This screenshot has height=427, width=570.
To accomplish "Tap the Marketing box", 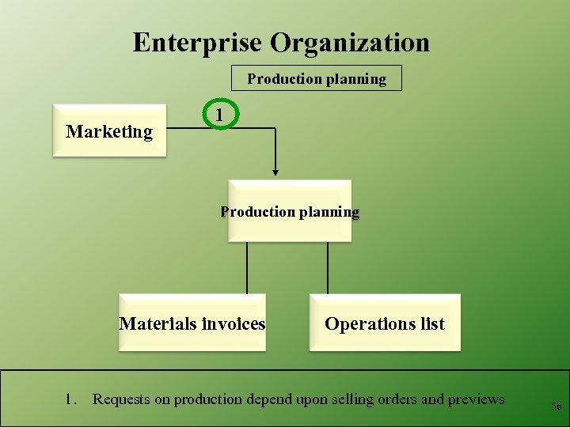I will [109, 131].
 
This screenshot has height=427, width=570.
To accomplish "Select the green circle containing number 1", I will [219, 115].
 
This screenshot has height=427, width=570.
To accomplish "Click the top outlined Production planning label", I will [317, 78].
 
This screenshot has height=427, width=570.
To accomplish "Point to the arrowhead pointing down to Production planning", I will [275, 171].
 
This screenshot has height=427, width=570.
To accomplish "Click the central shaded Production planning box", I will [289, 211].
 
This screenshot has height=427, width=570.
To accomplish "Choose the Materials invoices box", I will [192, 323].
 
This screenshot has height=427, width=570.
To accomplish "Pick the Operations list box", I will [385, 323].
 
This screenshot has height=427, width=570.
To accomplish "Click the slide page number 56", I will [557, 406].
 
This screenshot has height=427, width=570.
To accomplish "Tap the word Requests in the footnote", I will [121, 399].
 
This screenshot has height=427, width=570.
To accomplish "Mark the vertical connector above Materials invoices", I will [247, 268].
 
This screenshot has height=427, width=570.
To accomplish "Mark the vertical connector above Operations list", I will [328, 268].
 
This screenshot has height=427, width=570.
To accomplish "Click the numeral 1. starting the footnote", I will [70, 399].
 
